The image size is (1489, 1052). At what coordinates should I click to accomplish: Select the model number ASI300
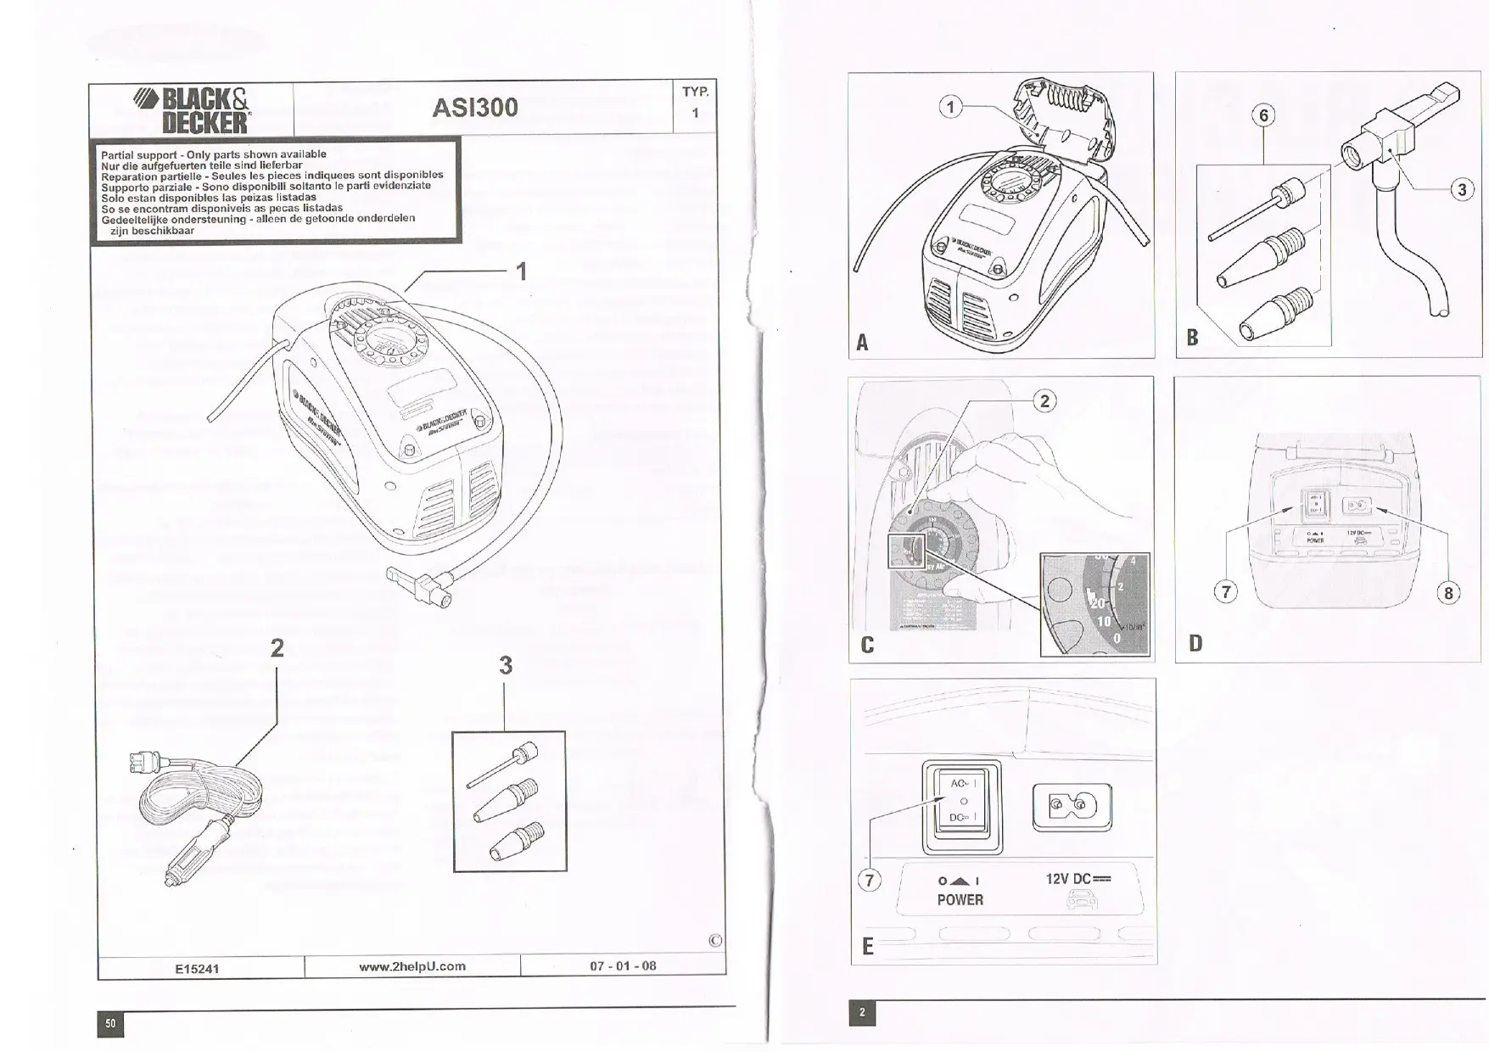(474, 108)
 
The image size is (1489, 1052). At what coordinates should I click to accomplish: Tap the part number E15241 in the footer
(197, 968)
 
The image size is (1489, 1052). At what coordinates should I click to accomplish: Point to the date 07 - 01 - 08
(623, 966)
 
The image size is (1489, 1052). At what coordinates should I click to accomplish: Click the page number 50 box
(110, 1024)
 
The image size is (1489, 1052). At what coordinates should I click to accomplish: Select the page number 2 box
(862, 1012)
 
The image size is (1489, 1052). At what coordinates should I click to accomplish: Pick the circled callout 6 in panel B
(1263, 116)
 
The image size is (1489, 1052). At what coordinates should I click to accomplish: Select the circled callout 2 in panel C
(1044, 401)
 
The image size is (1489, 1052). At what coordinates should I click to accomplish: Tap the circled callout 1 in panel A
(951, 107)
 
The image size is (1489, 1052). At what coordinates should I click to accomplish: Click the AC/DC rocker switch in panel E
(963, 807)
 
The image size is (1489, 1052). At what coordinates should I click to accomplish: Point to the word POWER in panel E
(960, 900)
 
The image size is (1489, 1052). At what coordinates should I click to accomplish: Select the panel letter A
(862, 342)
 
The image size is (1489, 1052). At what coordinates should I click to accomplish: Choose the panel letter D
(1195, 643)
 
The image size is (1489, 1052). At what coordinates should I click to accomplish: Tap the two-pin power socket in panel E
(1072, 806)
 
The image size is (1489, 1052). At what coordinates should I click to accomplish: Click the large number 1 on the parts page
(522, 271)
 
